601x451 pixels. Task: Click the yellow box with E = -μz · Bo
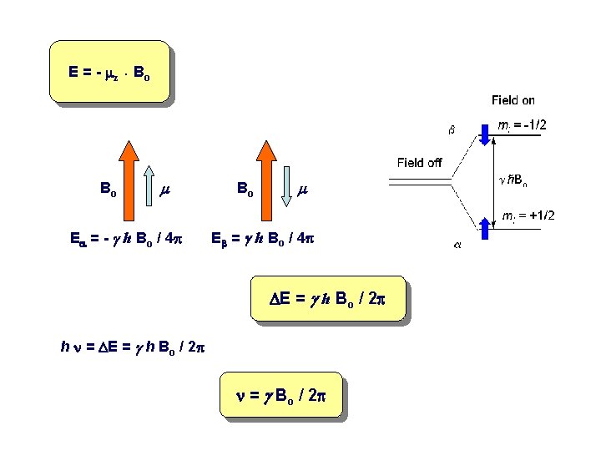(109, 72)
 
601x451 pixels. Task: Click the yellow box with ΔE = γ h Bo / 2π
(327, 299)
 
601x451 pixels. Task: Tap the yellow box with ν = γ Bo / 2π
(281, 395)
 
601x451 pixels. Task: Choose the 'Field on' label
(513, 100)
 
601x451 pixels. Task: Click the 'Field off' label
(419, 162)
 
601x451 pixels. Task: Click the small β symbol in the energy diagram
(452, 129)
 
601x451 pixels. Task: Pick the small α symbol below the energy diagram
(457, 245)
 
